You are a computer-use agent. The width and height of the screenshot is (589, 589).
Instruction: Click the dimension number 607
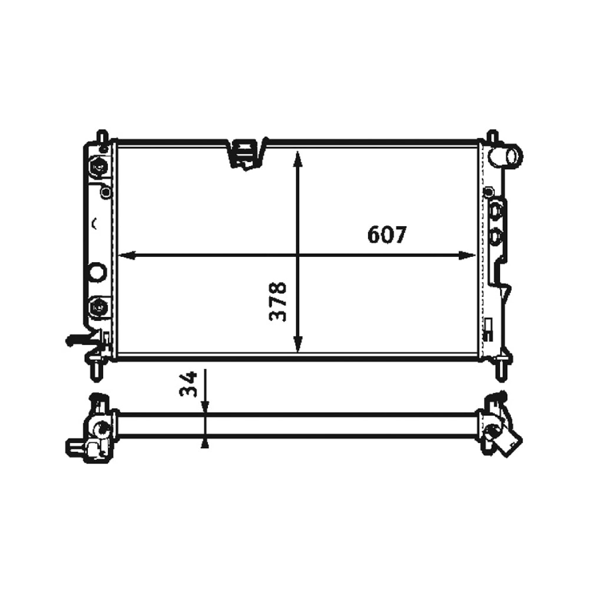386,235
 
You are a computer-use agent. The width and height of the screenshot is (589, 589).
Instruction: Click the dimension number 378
278,301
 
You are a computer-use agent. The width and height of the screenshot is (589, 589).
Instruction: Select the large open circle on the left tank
97,272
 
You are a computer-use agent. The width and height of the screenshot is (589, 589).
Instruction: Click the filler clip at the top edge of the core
246,153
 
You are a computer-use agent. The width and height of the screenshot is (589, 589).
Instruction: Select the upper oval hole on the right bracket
496,210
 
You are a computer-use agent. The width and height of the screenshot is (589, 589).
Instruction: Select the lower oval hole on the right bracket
496,236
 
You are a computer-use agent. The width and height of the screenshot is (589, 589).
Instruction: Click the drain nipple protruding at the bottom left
75,340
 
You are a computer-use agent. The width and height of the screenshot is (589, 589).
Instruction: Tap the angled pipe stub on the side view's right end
508,442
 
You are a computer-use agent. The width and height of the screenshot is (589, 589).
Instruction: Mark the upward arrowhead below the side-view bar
204,444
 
